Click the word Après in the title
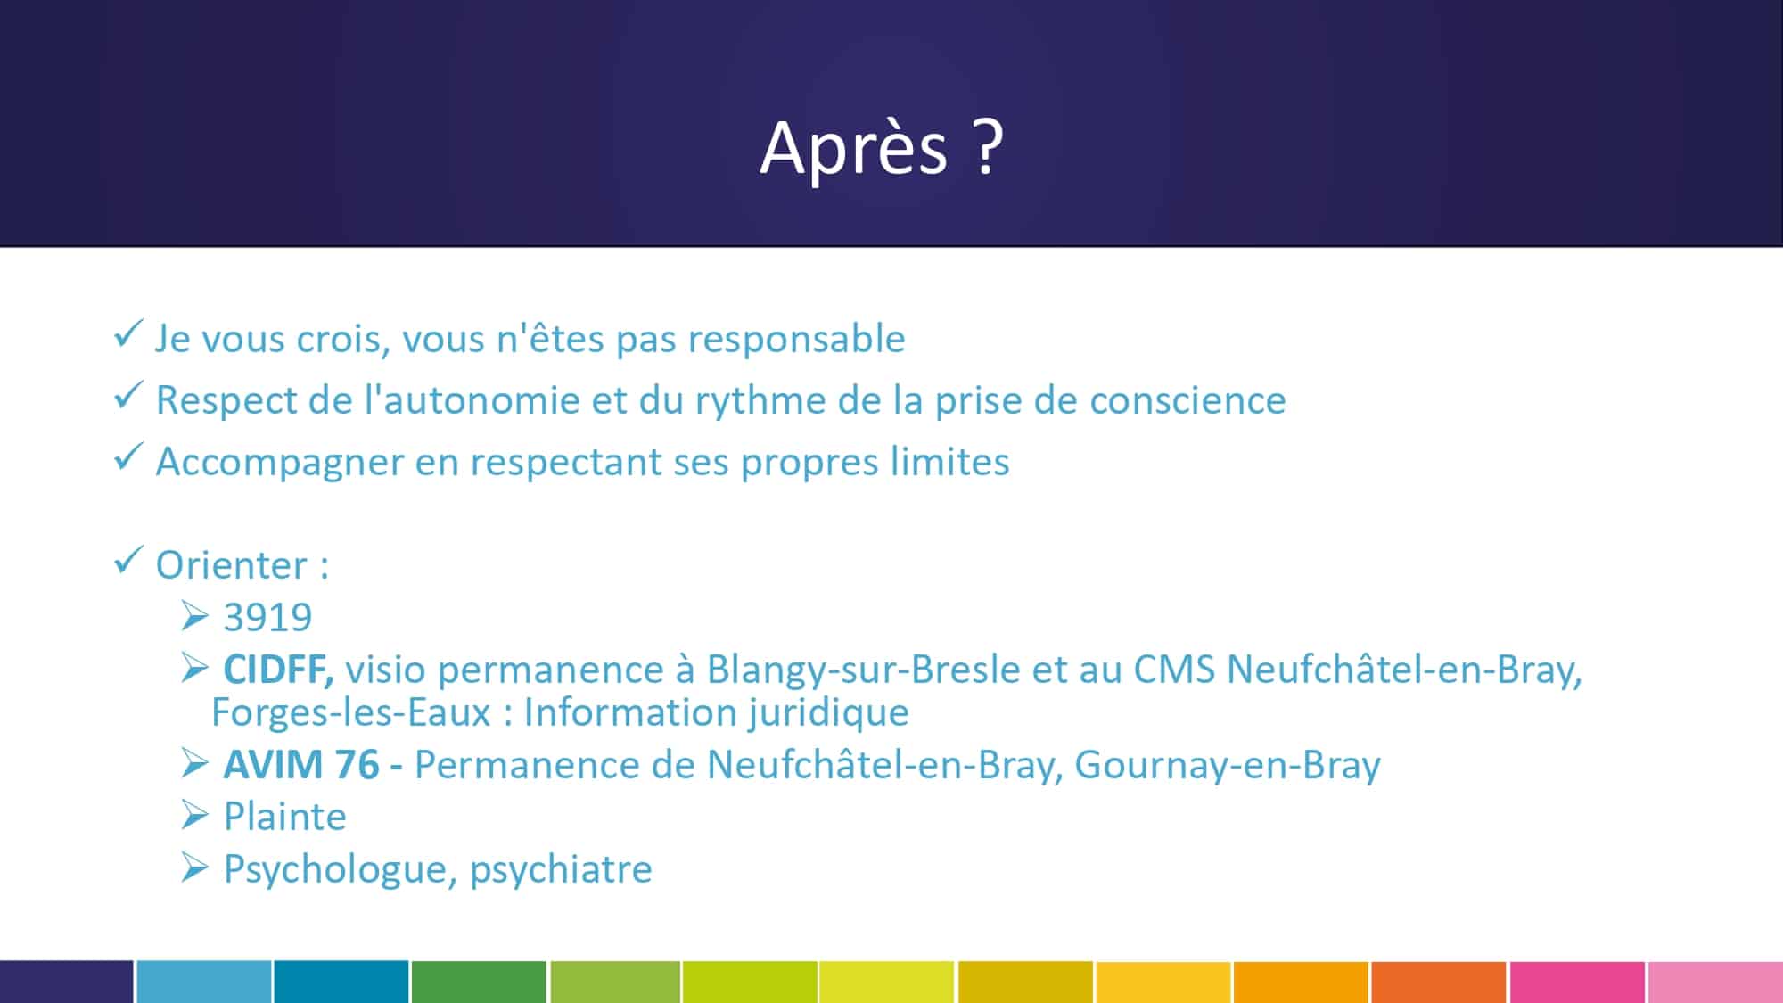tap(853, 149)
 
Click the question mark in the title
tap(988, 146)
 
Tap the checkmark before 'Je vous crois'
tap(128, 334)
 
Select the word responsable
tap(797, 339)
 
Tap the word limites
tap(952, 461)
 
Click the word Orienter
tap(232, 564)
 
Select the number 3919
tap(267, 617)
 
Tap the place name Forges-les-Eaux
tap(351, 712)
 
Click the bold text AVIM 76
tap(301, 765)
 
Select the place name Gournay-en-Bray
tap(1228, 766)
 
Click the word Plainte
tap(284, 817)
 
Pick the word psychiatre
tap(561, 869)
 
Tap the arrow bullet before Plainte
tap(195, 815)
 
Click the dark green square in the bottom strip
tap(479, 982)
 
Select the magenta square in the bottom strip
tap(1577, 982)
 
